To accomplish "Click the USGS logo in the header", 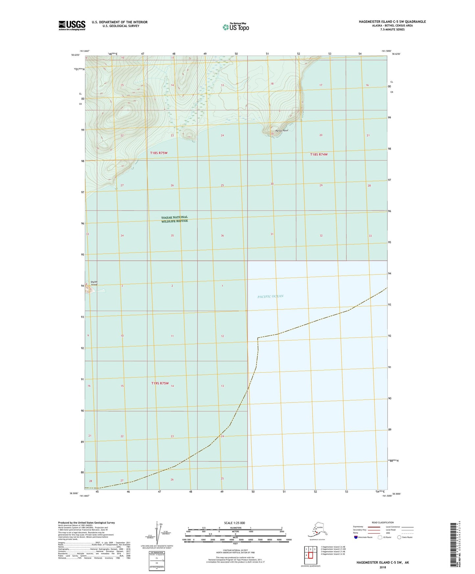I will [72, 25].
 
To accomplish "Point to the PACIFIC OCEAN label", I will [270, 296].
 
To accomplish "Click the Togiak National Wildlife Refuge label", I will [175, 219].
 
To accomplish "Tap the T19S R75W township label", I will [160, 383].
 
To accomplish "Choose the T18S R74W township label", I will [319, 154].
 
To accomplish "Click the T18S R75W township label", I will [159, 153].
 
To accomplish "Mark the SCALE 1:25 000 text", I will [235, 523].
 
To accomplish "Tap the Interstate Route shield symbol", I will [356, 537].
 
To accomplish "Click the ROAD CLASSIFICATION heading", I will [383, 522].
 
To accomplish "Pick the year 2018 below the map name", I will [382, 567].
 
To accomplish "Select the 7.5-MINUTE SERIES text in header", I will [392, 30].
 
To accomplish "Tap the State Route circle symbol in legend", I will [399, 537].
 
